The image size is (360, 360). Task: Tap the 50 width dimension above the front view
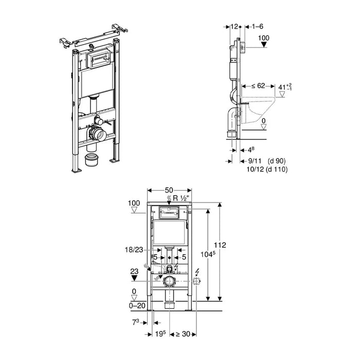[x=169, y=190]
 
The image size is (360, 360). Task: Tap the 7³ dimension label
[x=135, y=321]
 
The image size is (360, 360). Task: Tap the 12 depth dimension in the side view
[x=235, y=26]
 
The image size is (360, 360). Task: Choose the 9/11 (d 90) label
[x=263, y=161]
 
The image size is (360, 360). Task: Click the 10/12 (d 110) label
[x=264, y=169]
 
